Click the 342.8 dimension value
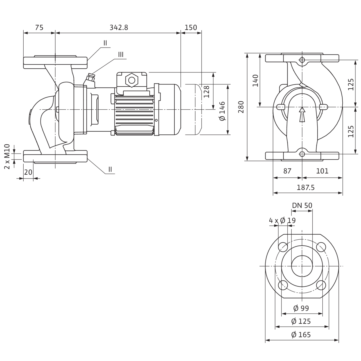pos(119,27)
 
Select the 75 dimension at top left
pos(39,27)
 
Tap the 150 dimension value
pos(191,27)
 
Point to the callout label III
pos(121,54)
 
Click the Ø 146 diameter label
pos(222,111)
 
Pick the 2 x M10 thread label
pos(7,156)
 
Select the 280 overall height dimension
pos(241,107)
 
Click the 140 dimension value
pos(255,81)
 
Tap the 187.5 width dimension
pos(306,187)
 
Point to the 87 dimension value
pos(287,171)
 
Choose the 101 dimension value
pos(322,171)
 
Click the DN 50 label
pos(302,205)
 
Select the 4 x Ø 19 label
pos(282,220)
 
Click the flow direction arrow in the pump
pos(302,114)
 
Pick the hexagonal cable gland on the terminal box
pos(132,80)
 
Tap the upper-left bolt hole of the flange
pos(283,247)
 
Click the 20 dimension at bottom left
pos(28,172)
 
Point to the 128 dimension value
pos(207,92)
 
